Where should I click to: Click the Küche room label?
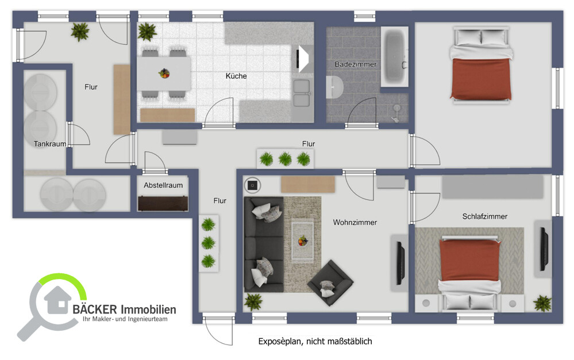[236, 76]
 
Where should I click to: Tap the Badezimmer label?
[356, 64]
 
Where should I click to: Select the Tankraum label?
[49, 144]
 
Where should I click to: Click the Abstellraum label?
[163, 185]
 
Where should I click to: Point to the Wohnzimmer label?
[355, 223]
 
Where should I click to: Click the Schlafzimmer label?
[484, 216]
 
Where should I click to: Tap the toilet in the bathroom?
[334, 88]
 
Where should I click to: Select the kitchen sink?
[301, 93]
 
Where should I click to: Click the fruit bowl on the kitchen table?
[164, 73]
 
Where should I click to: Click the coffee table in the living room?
[302, 234]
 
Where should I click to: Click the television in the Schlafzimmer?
[542, 249]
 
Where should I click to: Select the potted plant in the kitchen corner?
[147, 31]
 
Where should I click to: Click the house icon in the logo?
[57, 299]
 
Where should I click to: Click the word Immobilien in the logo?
[148, 309]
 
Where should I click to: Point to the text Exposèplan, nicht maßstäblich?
[315, 342]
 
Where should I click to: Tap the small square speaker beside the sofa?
[252, 185]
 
